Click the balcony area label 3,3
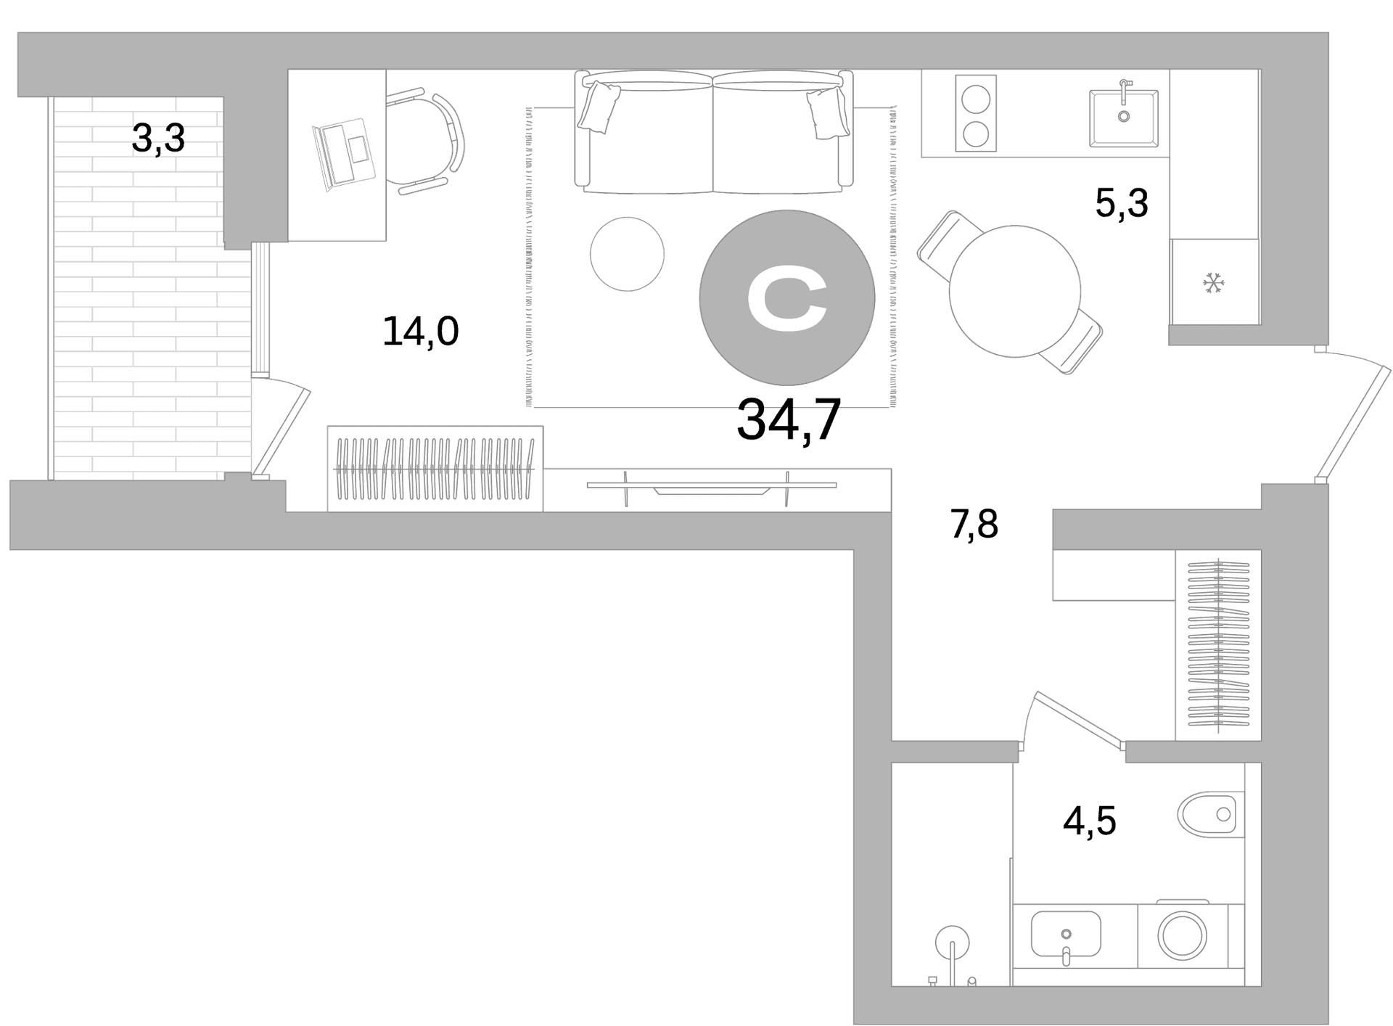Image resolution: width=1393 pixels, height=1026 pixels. tap(158, 139)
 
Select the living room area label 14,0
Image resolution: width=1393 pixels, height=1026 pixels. tap(420, 332)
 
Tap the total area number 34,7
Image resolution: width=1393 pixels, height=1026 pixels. tap(789, 420)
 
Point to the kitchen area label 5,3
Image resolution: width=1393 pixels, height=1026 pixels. tap(1121, 203)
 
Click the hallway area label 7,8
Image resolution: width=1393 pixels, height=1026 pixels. tap(974, 524)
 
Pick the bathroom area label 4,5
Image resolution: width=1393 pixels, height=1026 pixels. tap(1089, 821)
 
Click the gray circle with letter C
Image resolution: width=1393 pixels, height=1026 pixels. tap(787, 297)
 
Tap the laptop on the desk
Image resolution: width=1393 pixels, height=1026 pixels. tap(344, 155)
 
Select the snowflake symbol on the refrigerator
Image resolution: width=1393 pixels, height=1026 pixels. tap(1213, 283)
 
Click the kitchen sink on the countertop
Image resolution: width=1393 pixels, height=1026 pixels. tap(1123, 118)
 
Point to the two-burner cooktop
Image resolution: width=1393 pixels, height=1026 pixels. tap(976, 113)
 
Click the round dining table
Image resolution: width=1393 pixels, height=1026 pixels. tap(1015, 291)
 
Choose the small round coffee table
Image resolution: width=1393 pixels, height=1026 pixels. tap(627, 254)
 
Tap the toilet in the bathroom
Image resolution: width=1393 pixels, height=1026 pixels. tap(1211, 814)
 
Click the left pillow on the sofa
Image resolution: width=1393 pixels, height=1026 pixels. tap(600, 107)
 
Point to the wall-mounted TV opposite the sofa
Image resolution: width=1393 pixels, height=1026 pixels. tap(711, 488)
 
